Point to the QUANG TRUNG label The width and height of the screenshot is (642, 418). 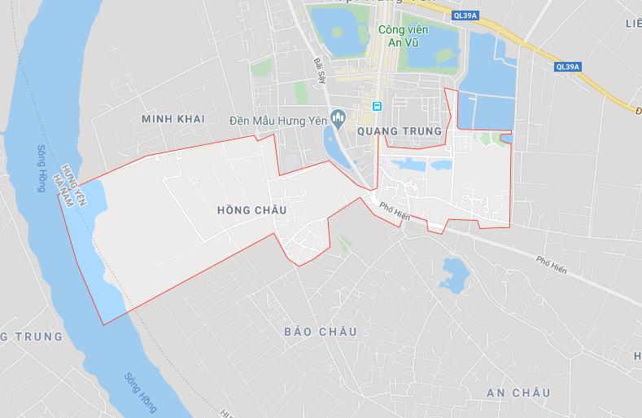click(399, 130)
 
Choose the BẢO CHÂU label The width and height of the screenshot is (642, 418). click(321, 332)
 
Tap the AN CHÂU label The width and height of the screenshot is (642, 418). click(518, 393)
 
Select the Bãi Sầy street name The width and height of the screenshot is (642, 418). click(319, 68)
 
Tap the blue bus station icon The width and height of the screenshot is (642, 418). click(377, 106)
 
